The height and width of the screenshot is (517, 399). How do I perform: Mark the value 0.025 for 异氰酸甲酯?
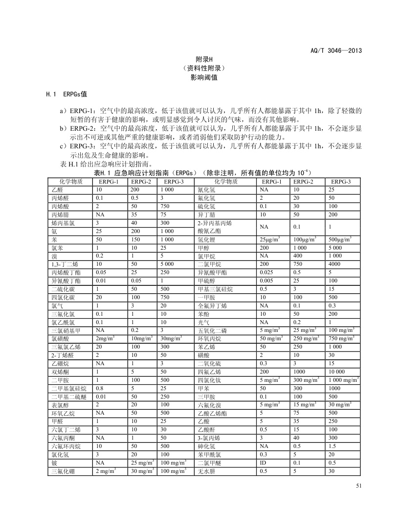tap(266, 273)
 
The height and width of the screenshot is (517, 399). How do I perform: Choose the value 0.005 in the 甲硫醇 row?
tap(266, 281)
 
